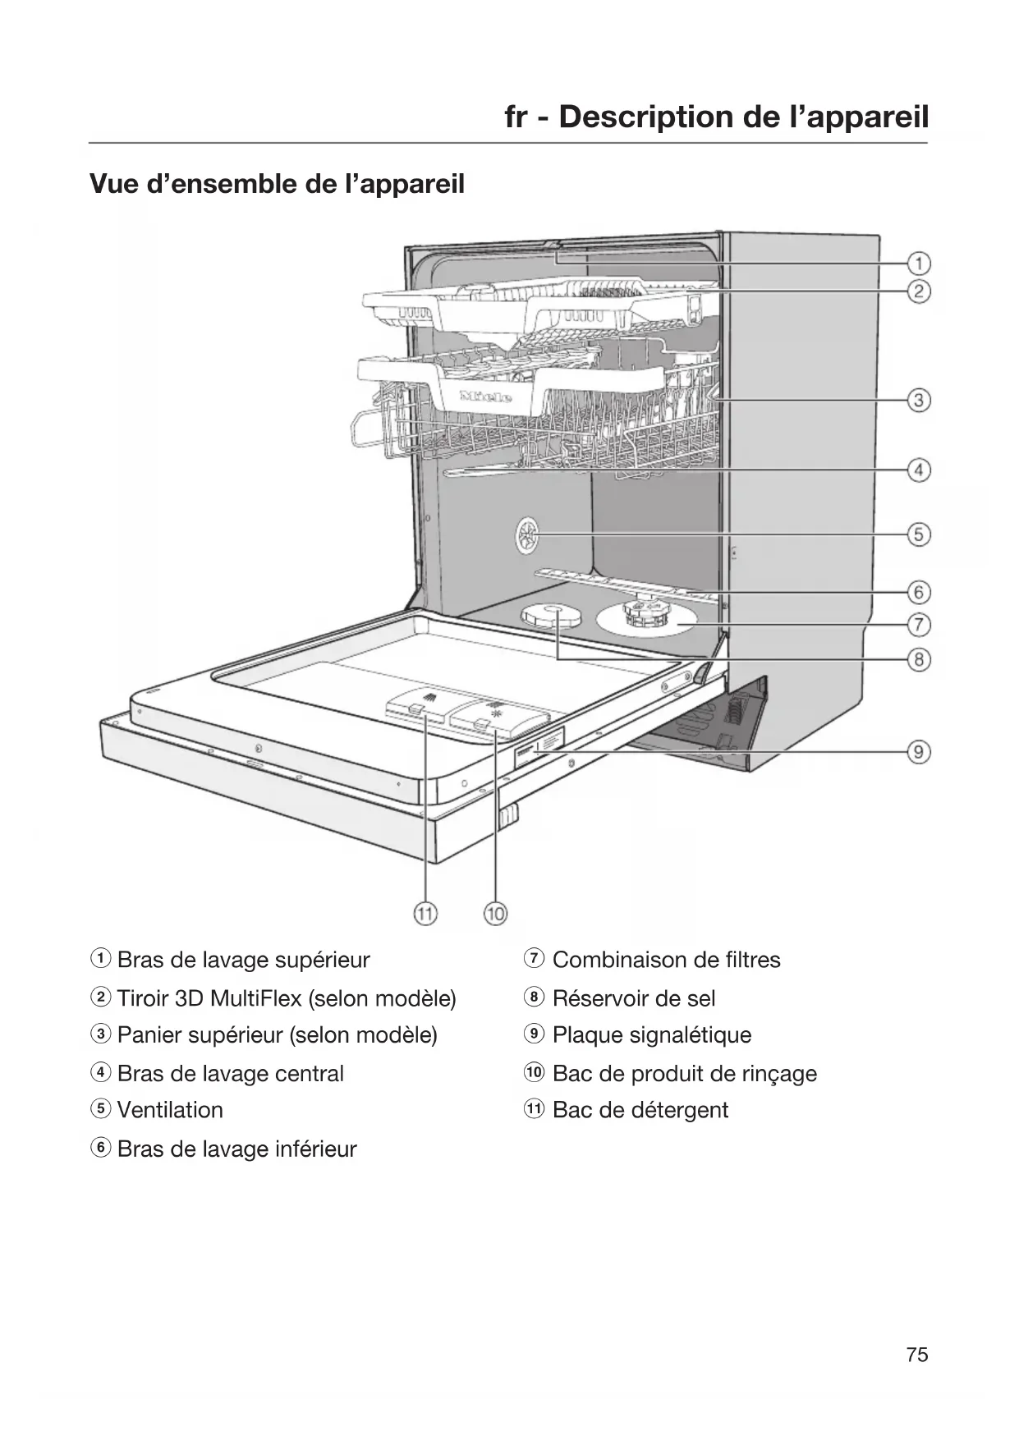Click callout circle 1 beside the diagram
[919, 264]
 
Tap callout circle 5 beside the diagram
[919, 534]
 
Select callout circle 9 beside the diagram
[919, 751]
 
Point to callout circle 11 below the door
[425, 913]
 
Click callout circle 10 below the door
[496, 913]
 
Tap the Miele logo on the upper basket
[486, 397]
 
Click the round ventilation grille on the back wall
[526, 537]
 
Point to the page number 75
[917, 1355]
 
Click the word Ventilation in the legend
[170, 1110]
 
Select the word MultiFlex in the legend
[255, 998]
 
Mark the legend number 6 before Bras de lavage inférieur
[100, 1148]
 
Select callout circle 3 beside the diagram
[919, 401]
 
